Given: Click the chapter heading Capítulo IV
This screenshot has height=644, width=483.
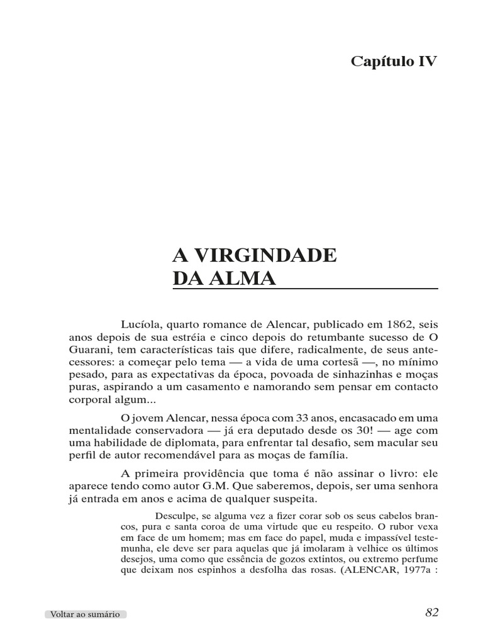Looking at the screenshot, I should (393, 62).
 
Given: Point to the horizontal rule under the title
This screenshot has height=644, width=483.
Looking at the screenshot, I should (305, 289).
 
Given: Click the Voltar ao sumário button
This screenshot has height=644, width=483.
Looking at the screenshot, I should (85, 614).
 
